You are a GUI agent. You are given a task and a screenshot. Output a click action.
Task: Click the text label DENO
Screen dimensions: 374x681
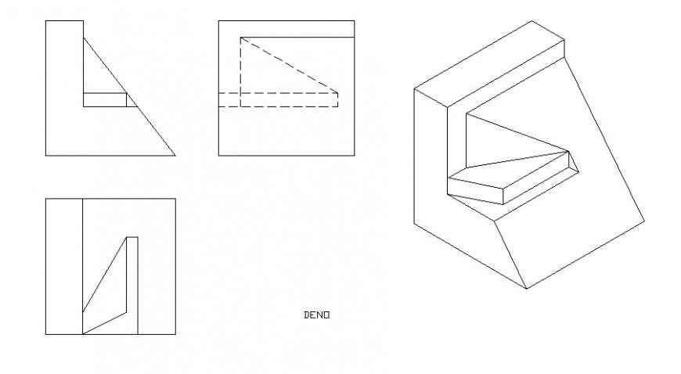(316, 315)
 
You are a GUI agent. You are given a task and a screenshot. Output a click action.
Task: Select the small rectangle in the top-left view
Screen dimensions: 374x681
(104, 99)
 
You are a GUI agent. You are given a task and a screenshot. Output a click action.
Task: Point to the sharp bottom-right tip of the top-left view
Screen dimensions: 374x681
(175, 155)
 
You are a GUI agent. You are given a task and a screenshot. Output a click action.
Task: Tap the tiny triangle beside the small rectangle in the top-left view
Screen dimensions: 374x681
(129, 100)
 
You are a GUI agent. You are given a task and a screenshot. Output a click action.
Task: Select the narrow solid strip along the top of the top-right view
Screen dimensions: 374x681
(297, 29)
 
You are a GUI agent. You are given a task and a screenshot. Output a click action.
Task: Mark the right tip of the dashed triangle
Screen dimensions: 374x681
(338, 93)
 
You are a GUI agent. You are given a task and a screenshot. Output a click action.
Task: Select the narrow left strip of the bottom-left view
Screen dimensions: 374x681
(63, 266)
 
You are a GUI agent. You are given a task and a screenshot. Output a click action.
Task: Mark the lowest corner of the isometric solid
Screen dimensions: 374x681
(526, 288)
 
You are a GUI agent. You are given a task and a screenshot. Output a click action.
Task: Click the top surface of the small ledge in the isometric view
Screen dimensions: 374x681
(509, 171)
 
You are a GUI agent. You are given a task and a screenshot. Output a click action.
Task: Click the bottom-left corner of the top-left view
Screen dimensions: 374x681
(46, 155)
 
